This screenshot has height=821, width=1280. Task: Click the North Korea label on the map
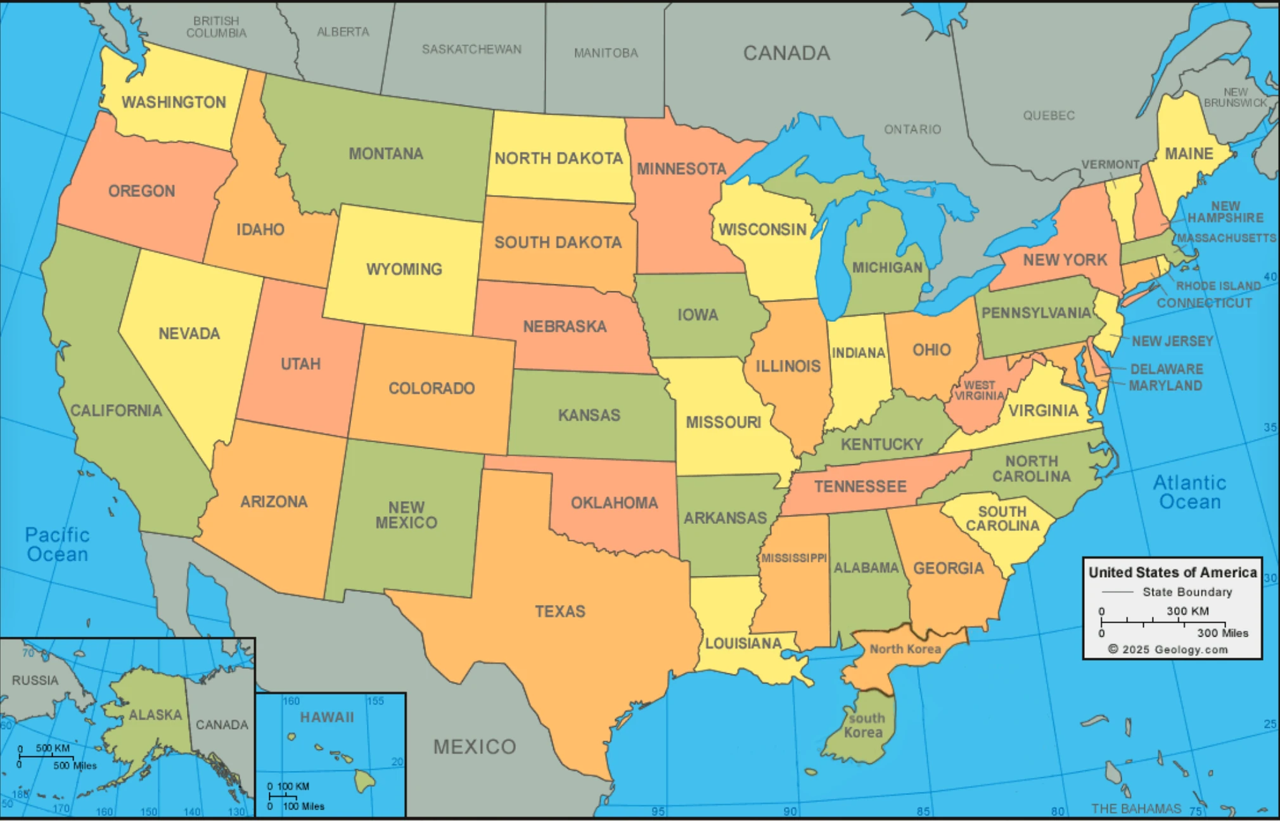pos(905,649)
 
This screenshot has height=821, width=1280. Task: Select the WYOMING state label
pos(404,269)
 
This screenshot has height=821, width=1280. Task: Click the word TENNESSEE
pos(860,487)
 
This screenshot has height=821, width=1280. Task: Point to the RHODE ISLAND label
pos(1218,286)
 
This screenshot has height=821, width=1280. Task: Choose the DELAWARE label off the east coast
pos(1166,369)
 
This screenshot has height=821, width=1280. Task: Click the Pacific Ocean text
pos(57,544)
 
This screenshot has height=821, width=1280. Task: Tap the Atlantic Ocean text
pos(1189,492)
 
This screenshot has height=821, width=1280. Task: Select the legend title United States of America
pos(1172,572)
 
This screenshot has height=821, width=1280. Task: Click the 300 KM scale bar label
pos(1187,611)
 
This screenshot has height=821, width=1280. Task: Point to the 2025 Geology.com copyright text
pos(1168,649)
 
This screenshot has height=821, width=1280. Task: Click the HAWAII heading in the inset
pos(327,717)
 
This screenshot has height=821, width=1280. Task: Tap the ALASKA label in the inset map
pos(155,715)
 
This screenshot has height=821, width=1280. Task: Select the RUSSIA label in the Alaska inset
pos(35,680)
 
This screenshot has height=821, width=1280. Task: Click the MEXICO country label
pos(475,746)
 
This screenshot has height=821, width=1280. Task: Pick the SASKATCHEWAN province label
pos(471,49)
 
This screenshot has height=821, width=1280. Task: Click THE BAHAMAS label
pos(1136,808)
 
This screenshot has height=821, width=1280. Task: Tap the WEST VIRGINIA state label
pos(979,390)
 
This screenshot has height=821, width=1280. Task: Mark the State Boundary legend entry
pos(1187,592)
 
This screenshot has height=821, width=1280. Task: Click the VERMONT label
pos(1110,165)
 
